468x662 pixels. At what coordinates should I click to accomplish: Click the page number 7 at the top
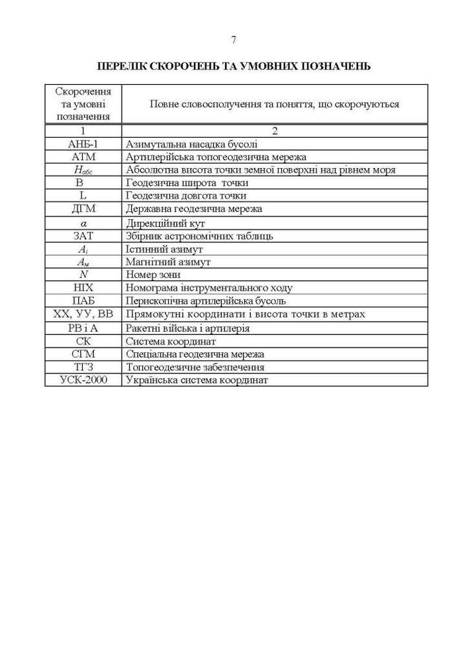234,40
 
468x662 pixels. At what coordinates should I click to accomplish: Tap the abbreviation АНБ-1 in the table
83,144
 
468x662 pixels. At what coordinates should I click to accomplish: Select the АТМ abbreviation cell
83,157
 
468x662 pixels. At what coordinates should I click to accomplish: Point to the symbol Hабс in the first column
83,170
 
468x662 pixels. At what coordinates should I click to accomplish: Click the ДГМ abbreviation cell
83,209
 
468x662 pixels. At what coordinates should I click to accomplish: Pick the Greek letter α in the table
83,222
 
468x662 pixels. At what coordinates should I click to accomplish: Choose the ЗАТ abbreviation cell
83,235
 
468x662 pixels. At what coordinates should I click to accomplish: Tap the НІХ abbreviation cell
83,287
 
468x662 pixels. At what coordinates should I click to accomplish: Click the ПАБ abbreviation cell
83,301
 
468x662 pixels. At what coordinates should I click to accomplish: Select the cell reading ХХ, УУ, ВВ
83,314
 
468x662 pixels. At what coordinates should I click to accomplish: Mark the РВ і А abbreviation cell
83,328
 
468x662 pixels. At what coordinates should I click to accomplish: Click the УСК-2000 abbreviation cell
83,380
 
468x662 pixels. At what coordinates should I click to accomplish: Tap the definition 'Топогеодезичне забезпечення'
195,367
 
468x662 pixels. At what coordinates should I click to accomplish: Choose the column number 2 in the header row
275,131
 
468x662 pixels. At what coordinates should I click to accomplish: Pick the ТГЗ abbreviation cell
83,367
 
